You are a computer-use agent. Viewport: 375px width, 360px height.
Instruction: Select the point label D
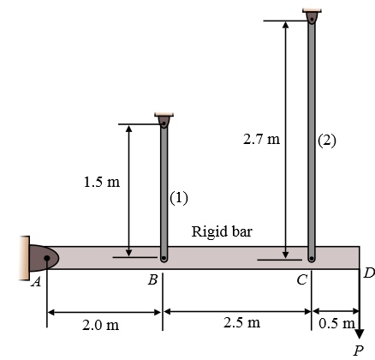(368, 273)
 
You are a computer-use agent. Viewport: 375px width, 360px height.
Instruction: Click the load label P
(359, 349)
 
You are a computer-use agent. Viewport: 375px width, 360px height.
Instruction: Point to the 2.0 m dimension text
(100, 326)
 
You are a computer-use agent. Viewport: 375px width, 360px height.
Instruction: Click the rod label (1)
(178, 198)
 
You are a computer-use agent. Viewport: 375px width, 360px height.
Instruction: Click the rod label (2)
(326, 142)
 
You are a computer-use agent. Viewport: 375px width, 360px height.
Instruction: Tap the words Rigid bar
(221, 231)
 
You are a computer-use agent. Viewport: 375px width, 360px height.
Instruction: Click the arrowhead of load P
(359, 333)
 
